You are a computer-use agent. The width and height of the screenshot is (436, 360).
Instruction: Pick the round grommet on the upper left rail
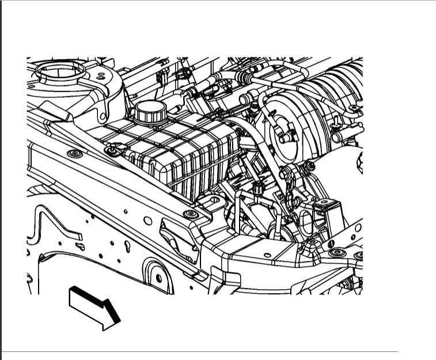[73, 154]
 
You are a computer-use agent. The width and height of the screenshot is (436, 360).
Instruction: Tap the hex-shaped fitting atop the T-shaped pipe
[257, 187]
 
